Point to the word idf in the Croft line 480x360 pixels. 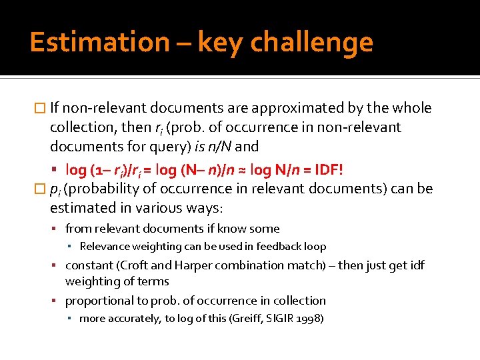pos(417,265)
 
